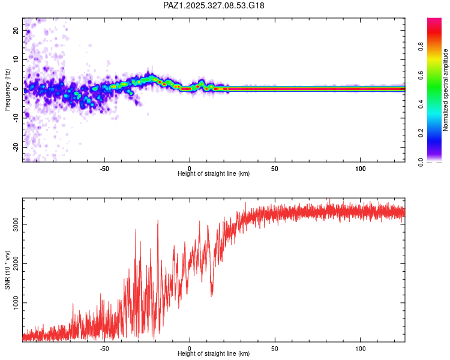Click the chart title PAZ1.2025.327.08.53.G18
pyautogui.click(x=214, y=5)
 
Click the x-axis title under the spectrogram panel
pyautogui.click(x=214, y=173)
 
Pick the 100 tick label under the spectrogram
pyautogui.click(x=361, y=167)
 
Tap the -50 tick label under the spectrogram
pyautogui.click(x=104, y=167)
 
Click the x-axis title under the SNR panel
pyautogui.click(x=214, y=353)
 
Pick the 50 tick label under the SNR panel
pyautogui.click(x=275, y=348)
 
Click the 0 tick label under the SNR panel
pyautogui.click(x=190, y=348)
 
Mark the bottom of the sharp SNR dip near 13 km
pyautogui.click(x=212, y=295)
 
